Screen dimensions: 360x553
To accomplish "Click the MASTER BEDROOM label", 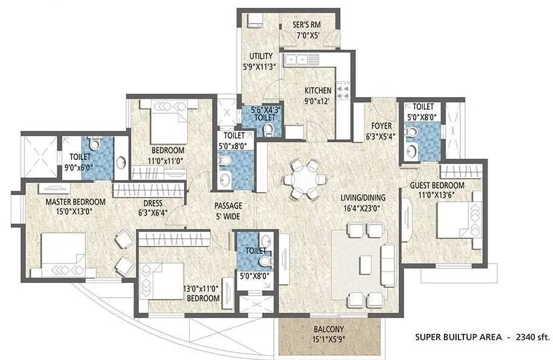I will click(67, 202).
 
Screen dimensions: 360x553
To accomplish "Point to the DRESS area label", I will click(152, 204).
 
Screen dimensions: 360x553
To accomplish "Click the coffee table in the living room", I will click(365, 264).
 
